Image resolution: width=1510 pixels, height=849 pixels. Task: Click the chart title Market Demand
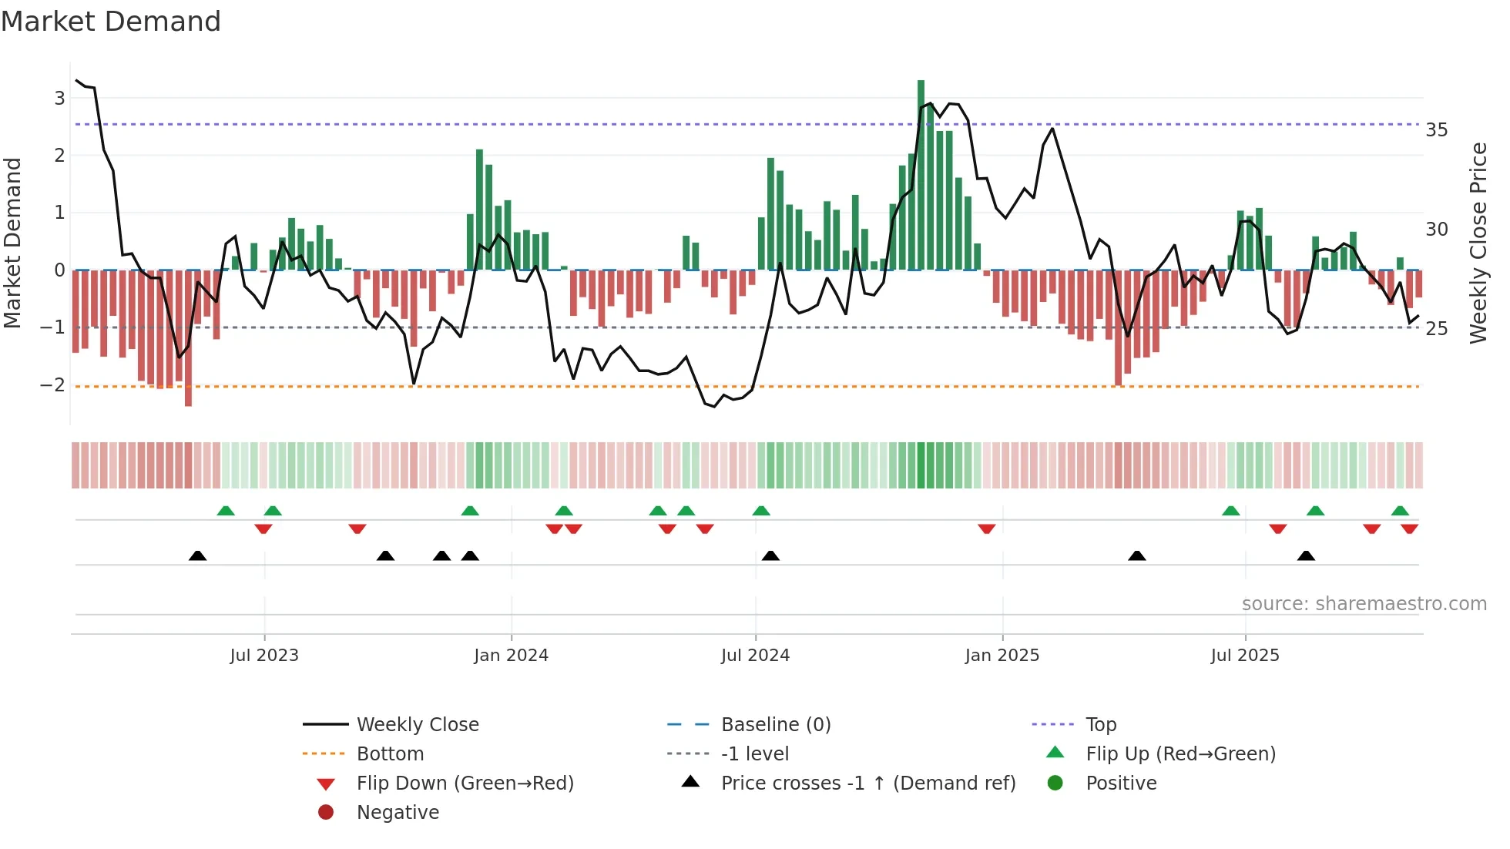[x=111, y=22]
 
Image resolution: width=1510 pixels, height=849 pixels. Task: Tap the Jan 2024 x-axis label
[x=511, y=656]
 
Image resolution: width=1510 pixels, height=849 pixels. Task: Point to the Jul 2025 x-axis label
[x=1244, y=656]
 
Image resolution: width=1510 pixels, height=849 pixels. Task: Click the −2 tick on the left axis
[x=53, y=384]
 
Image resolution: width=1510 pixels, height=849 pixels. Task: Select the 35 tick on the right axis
[x=1436, y=130]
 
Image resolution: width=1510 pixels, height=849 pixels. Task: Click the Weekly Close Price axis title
[x=1478, y=243]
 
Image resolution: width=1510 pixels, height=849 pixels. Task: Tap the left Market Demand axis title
[x=13, y=243]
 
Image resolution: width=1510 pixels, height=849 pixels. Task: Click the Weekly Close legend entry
[x=417, y=725]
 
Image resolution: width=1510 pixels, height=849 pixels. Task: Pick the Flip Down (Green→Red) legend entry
[x=465, y=784]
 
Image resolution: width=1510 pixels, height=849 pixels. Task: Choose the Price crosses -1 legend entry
[x=867, y=784]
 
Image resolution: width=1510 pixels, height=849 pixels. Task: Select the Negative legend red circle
[x=326, y=813]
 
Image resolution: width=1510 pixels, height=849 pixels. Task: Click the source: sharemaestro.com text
[x=1364, y=604]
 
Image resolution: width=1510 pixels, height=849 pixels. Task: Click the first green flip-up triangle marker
[x=226, y=512]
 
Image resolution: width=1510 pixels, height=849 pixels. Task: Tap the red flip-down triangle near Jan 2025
[x=986, y=529]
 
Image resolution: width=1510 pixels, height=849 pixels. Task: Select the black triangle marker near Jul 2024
[x=770, y=555]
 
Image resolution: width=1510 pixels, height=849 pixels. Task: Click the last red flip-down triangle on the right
[x=1409, y=529]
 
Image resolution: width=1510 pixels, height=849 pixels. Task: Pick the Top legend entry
[x=1100, y=725]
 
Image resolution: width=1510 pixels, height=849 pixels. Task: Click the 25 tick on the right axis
[x=1436, y=329]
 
